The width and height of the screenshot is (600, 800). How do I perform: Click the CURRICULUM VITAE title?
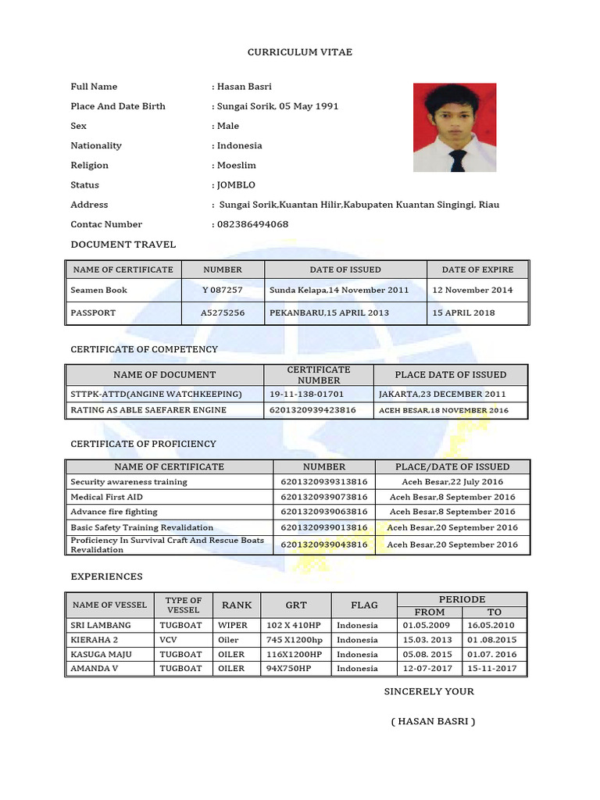300,52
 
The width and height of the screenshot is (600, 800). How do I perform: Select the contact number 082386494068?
252,224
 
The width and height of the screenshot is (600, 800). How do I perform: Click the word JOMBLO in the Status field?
236,185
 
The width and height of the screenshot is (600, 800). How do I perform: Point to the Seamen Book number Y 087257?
223,290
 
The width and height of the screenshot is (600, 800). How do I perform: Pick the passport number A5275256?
223,312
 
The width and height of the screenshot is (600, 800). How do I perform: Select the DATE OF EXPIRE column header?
477,270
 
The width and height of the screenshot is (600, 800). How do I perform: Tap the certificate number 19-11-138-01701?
306,394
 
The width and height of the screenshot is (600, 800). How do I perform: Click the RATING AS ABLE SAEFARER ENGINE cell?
148,409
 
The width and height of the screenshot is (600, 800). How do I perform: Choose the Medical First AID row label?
107,497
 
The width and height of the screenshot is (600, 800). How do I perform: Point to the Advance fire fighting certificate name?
114,512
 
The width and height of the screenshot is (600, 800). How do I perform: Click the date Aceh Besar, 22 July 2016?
452,482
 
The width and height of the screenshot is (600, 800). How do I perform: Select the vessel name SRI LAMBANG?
101,625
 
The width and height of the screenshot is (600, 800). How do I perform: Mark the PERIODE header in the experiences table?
462,599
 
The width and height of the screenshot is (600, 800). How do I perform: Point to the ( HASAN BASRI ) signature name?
433,721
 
